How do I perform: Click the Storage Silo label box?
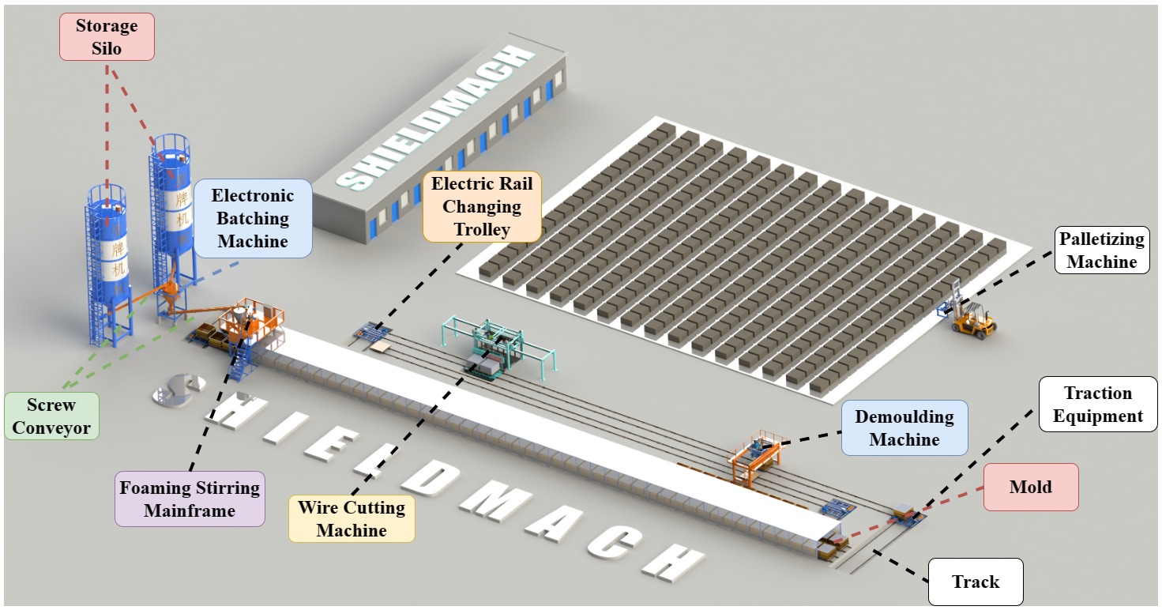(x=107, y=37)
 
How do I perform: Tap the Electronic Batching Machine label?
(x=253, y=218)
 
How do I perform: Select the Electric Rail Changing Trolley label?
(x=482, y=207)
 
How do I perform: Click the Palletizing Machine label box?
(x=1102, y=250)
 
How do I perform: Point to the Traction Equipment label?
(x=1097, y=405)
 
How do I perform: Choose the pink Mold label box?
(x=1030, y=487)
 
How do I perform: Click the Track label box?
(x=975, y=582)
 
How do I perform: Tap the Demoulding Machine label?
(x=904, y=427)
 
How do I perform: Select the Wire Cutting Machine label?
(x=351, y=518)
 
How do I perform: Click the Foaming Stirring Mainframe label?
(x=190, y=499)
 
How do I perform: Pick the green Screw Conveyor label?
(x=51, y=417)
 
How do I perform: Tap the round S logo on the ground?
(x=179, y=390)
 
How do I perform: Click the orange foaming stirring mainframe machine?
(x=251, y=324)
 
